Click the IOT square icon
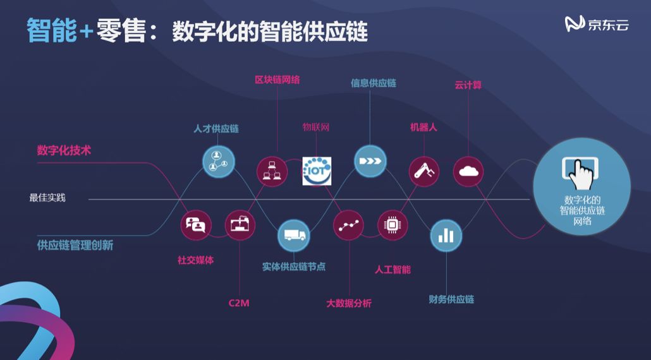[x=317, y=171]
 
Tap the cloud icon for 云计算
[x=468, y=171]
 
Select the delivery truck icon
[x=294, y=236]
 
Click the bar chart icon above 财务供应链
[x=446, y=236]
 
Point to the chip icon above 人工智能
[x=392, y=224]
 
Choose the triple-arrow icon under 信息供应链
[x=370, y=160]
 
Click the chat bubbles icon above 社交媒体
[x=195, y=224]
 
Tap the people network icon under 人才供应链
[x=218, y=160]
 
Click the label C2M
[x=239, y=303]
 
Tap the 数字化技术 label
[x=64, y=151]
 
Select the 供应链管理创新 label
[x=75, y=245]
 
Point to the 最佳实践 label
[x=47, y=198]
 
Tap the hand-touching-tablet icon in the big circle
[x=581, y=173]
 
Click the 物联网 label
[x=316, y=128]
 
